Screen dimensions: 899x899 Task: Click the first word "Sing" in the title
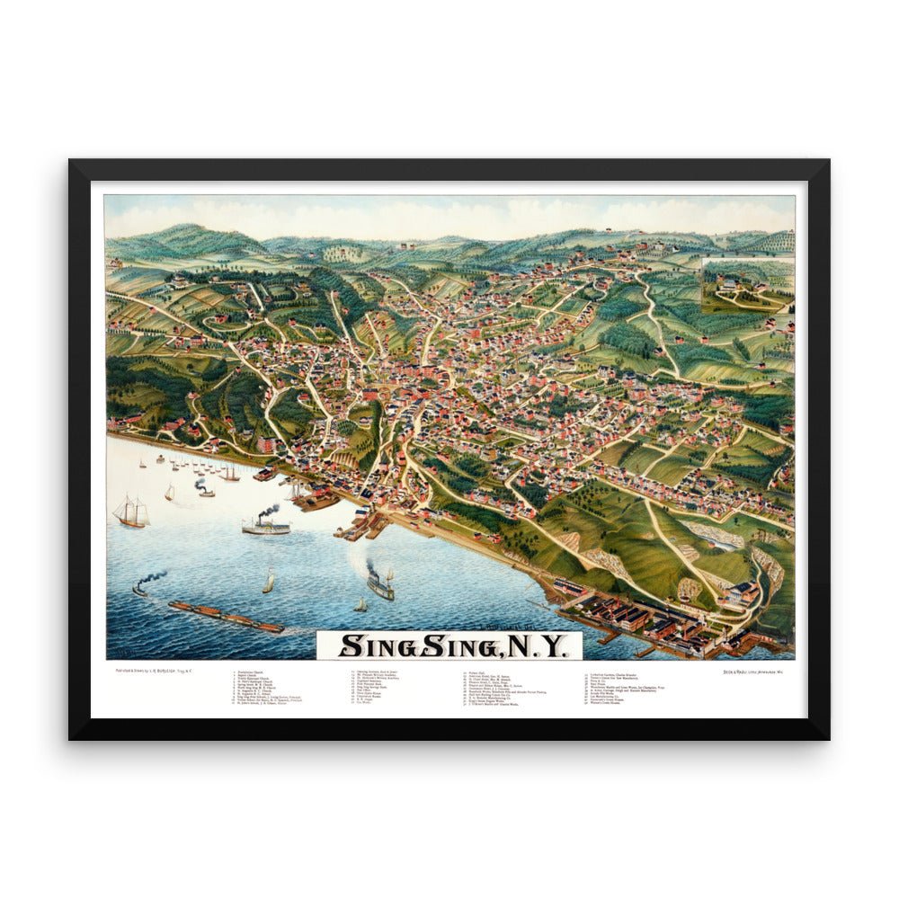pyautogui.click(x=372, y=645)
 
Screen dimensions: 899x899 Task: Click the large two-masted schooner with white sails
pyautogui.click(x=130, y=512)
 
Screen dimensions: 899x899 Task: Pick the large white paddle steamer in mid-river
pyautogui.click(x=266, y=526)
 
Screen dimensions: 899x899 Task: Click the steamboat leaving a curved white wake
pyautogui.click(x=379, y=585)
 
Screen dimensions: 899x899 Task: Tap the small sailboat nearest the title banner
pyautogui.click(x=360, y=605)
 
